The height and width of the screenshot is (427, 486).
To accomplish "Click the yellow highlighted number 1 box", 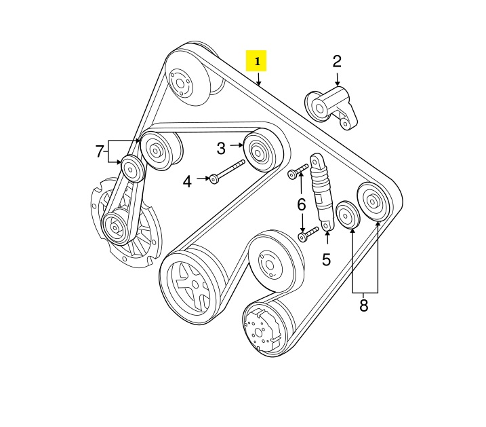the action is pyautogui.click(x=256, y=61).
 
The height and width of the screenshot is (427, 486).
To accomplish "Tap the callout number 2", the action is pyautogui.click(x=337, y=62).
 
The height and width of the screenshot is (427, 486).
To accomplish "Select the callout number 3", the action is pyautogui.click(x=221, y=149).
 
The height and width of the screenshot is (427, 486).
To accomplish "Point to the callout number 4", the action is pyautogui.click(x=187, y=181).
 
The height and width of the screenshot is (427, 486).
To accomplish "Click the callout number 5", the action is pyautogui.click(x=327, y=259).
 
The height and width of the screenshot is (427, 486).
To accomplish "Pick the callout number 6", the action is pyautogui.click(x=301, y=205).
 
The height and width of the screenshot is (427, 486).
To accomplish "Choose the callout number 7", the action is pyautogui.click(x=99, y=152).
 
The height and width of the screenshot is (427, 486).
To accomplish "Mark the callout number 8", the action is pyautogui.click(x=363, y=305).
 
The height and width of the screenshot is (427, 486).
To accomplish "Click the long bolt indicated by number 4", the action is pyautogui.click(x=228, y=170).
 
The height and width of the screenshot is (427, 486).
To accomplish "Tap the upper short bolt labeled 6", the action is pyautogui.click(x=298, y=171).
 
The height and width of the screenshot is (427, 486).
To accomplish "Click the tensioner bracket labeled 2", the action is pyautogui.click(x=331, y=108).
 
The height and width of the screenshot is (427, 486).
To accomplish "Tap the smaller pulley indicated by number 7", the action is pyautogui.click(x=132, y=169).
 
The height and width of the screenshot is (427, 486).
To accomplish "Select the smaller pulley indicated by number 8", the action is pyautogui.click(x=347, y=215).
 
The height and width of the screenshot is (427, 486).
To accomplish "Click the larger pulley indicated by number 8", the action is pyautogui.click(x=373, y=202).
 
